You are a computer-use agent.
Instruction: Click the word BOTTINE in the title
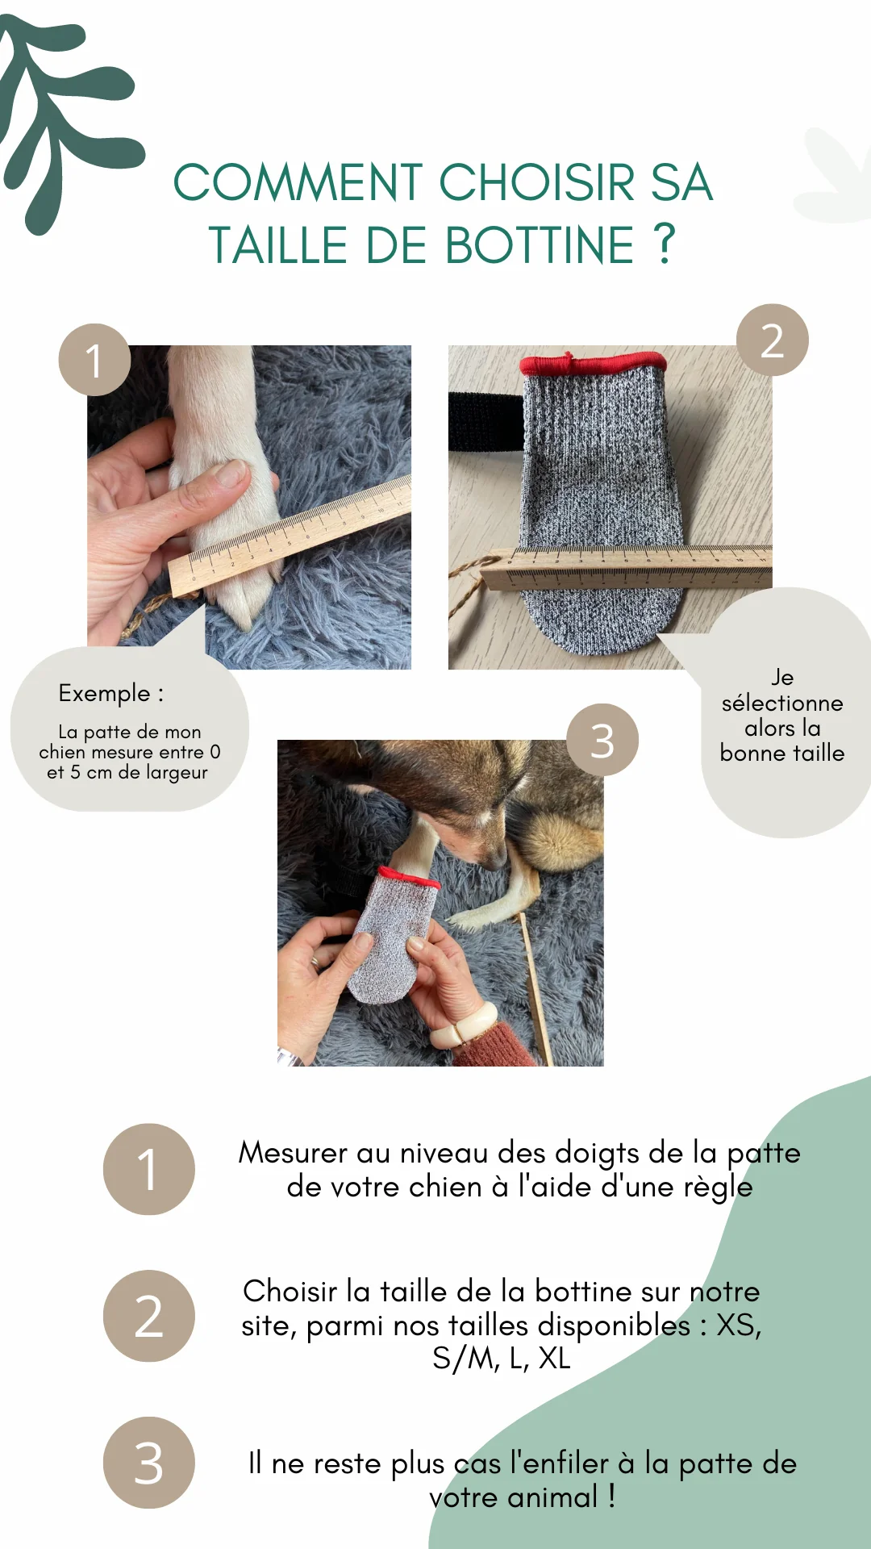[539, 245]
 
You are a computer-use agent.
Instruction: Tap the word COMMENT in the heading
[298, 182]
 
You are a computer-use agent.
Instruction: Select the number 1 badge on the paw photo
[94, 360]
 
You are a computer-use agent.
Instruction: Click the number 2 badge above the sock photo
[772, 340]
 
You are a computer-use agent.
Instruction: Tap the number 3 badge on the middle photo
[602, 740]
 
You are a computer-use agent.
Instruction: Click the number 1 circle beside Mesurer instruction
[148, 1169]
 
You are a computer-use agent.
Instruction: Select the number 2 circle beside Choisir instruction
[148, 1316]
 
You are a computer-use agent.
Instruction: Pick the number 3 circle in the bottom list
[148, 1463]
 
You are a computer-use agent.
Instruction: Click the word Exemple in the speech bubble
[105, 693]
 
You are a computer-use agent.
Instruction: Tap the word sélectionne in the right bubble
[781, 703]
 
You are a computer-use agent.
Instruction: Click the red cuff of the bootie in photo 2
[593, 363]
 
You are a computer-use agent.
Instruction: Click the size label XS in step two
[738, 1325]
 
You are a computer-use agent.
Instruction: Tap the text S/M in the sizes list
[465, 1359]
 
